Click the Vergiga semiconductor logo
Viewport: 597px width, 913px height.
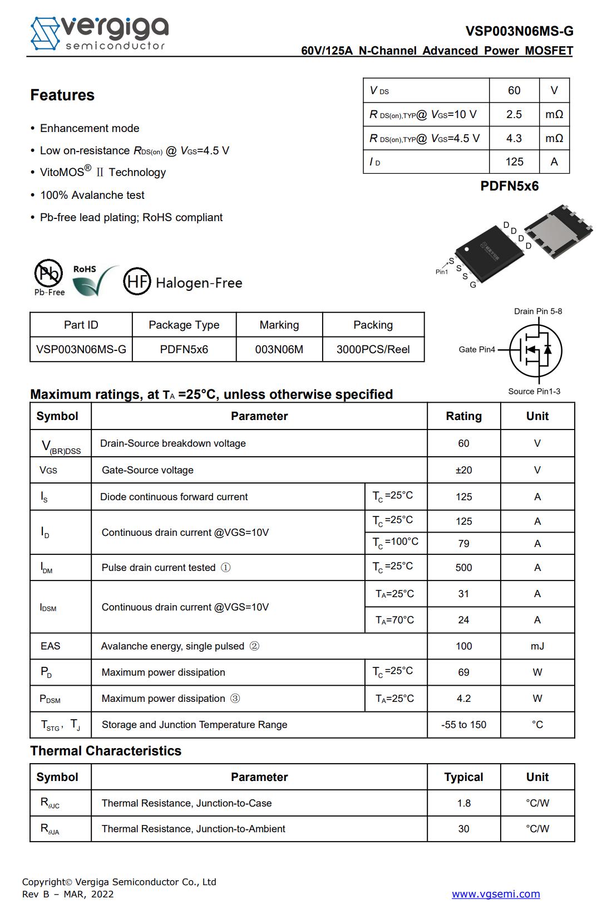click(99, 33)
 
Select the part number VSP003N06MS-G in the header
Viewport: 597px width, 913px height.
click(519, 31)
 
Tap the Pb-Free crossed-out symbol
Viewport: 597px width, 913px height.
click(48, 274)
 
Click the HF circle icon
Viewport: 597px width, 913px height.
click(137, 282)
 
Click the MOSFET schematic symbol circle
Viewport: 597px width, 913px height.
click(536, 350)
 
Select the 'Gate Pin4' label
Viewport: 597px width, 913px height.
click(477, 349)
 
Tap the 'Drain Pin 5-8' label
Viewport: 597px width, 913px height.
click(537, 311)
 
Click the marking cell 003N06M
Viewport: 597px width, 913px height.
click(279, 349)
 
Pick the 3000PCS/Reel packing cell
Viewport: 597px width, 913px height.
click(373, 349)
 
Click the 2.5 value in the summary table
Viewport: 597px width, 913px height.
click(514, 114)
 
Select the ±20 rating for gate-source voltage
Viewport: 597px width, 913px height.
click(463, 470)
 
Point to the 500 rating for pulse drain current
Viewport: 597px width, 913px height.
click(463, 568)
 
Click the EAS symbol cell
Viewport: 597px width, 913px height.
click(51, 646)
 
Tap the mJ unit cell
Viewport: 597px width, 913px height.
click(537, 646)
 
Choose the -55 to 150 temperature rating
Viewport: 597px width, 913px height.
click(463, 725)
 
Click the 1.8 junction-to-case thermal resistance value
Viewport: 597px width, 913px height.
click(463, 803)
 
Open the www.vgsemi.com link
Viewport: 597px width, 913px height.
click(495, 894)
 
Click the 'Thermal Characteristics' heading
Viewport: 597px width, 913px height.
click(106, 751)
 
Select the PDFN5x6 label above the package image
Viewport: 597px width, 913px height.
click(509, 186)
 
